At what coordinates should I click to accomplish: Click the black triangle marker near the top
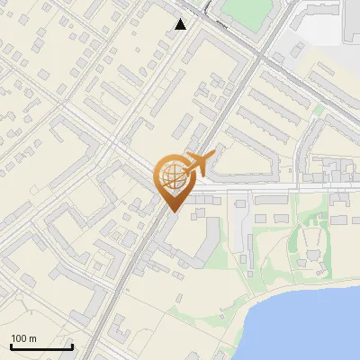[x=181, y=24]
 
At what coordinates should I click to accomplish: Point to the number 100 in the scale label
[x=20, y=338]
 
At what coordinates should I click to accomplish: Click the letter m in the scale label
[x=32, y=338]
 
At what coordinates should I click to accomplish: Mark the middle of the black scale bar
[x=41, y=346]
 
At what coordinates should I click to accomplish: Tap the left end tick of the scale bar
[x=11, y=346]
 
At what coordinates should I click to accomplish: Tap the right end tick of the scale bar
[x=72, y=346]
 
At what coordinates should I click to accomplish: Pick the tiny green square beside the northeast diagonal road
[x=317, y=110]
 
